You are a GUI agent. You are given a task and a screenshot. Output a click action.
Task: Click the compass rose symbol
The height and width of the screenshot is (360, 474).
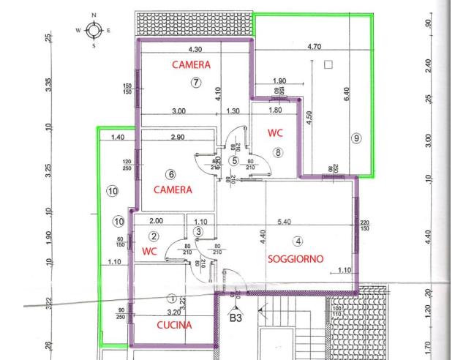pos(93,30)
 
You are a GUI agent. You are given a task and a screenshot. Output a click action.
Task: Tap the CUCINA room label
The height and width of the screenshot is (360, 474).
pos(174,324)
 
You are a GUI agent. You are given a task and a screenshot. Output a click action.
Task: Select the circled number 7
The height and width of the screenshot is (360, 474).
pos(196,83)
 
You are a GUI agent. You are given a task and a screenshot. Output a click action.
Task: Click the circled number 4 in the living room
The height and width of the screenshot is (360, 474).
pos(298,241)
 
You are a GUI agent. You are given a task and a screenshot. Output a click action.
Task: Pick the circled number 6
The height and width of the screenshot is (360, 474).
pos(171,174)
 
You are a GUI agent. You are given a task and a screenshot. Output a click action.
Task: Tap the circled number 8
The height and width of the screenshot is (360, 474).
pos(277,152)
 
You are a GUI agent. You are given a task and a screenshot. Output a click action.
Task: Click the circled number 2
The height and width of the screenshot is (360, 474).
pos(154,236)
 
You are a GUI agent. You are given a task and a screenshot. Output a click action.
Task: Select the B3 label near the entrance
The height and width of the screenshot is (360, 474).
pos(236,318)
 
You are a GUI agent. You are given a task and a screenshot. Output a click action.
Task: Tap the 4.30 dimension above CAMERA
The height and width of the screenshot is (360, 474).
pos(195,50)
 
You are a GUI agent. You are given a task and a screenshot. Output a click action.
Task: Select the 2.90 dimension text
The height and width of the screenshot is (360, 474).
pos(176,138)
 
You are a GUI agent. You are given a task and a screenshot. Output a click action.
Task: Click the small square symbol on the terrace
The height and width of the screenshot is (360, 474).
pos(328,65)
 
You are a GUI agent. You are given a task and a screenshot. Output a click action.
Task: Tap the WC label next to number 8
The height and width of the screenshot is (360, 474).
pos(275,134)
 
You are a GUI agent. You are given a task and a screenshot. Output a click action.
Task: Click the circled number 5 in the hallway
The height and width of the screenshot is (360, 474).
pos(234,160)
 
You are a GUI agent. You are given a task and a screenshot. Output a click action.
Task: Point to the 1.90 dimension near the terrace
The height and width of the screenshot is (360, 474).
pos(279,80)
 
